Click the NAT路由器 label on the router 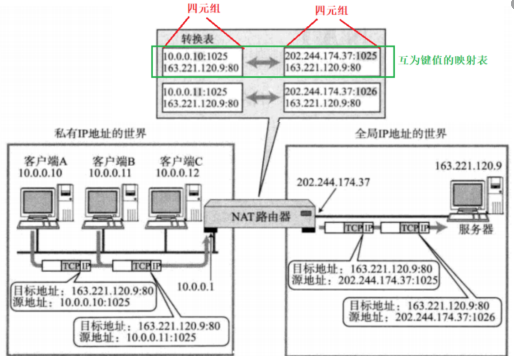[261, 217]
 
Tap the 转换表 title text [197, 39]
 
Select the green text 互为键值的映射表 [443, 60]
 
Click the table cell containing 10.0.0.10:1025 [202, 62]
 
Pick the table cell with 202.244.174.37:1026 [332, 97]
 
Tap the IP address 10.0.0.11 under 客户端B [110, 173]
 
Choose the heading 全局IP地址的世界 [400, 133]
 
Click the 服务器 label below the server [475, 229]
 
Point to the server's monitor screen [468, 195]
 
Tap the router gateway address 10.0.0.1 [195, 287]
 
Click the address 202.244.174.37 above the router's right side [333, 182]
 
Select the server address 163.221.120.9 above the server [468, 166]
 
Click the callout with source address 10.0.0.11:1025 [151, 332]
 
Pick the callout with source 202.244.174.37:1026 [422, 312]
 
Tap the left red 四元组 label [203, 8]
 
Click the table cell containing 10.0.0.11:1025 [202, 98]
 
